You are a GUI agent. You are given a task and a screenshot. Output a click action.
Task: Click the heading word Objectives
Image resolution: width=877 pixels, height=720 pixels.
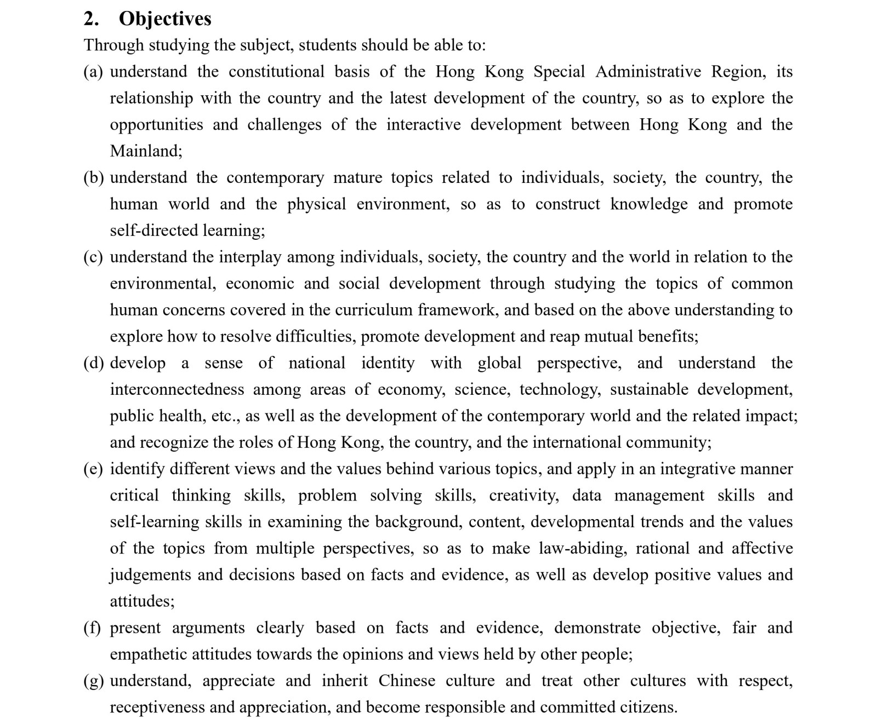(x=164, y=19)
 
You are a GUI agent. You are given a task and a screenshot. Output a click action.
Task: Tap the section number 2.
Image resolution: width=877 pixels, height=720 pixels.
(x=91, y=19)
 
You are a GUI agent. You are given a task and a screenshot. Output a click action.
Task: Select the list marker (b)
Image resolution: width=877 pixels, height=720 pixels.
(x=93, y=177)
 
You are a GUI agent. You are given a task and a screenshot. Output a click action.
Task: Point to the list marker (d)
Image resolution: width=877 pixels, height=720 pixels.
(x=93, y=363)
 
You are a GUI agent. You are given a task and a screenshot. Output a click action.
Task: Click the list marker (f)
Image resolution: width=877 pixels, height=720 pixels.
(x=92, y=627)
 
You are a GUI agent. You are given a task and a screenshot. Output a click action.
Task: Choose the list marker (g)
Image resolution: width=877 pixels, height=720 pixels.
(x=93, y=681)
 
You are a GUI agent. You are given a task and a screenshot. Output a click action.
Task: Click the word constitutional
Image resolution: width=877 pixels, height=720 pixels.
(x=276, y=72)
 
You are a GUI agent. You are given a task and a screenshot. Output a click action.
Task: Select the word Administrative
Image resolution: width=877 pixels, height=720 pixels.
(x=648, y=72)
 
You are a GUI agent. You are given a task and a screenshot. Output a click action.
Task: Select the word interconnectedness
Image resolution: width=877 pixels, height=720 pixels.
(x=176, y=389)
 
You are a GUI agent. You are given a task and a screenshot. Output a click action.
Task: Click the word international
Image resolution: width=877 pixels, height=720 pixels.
(x=577, y=442)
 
